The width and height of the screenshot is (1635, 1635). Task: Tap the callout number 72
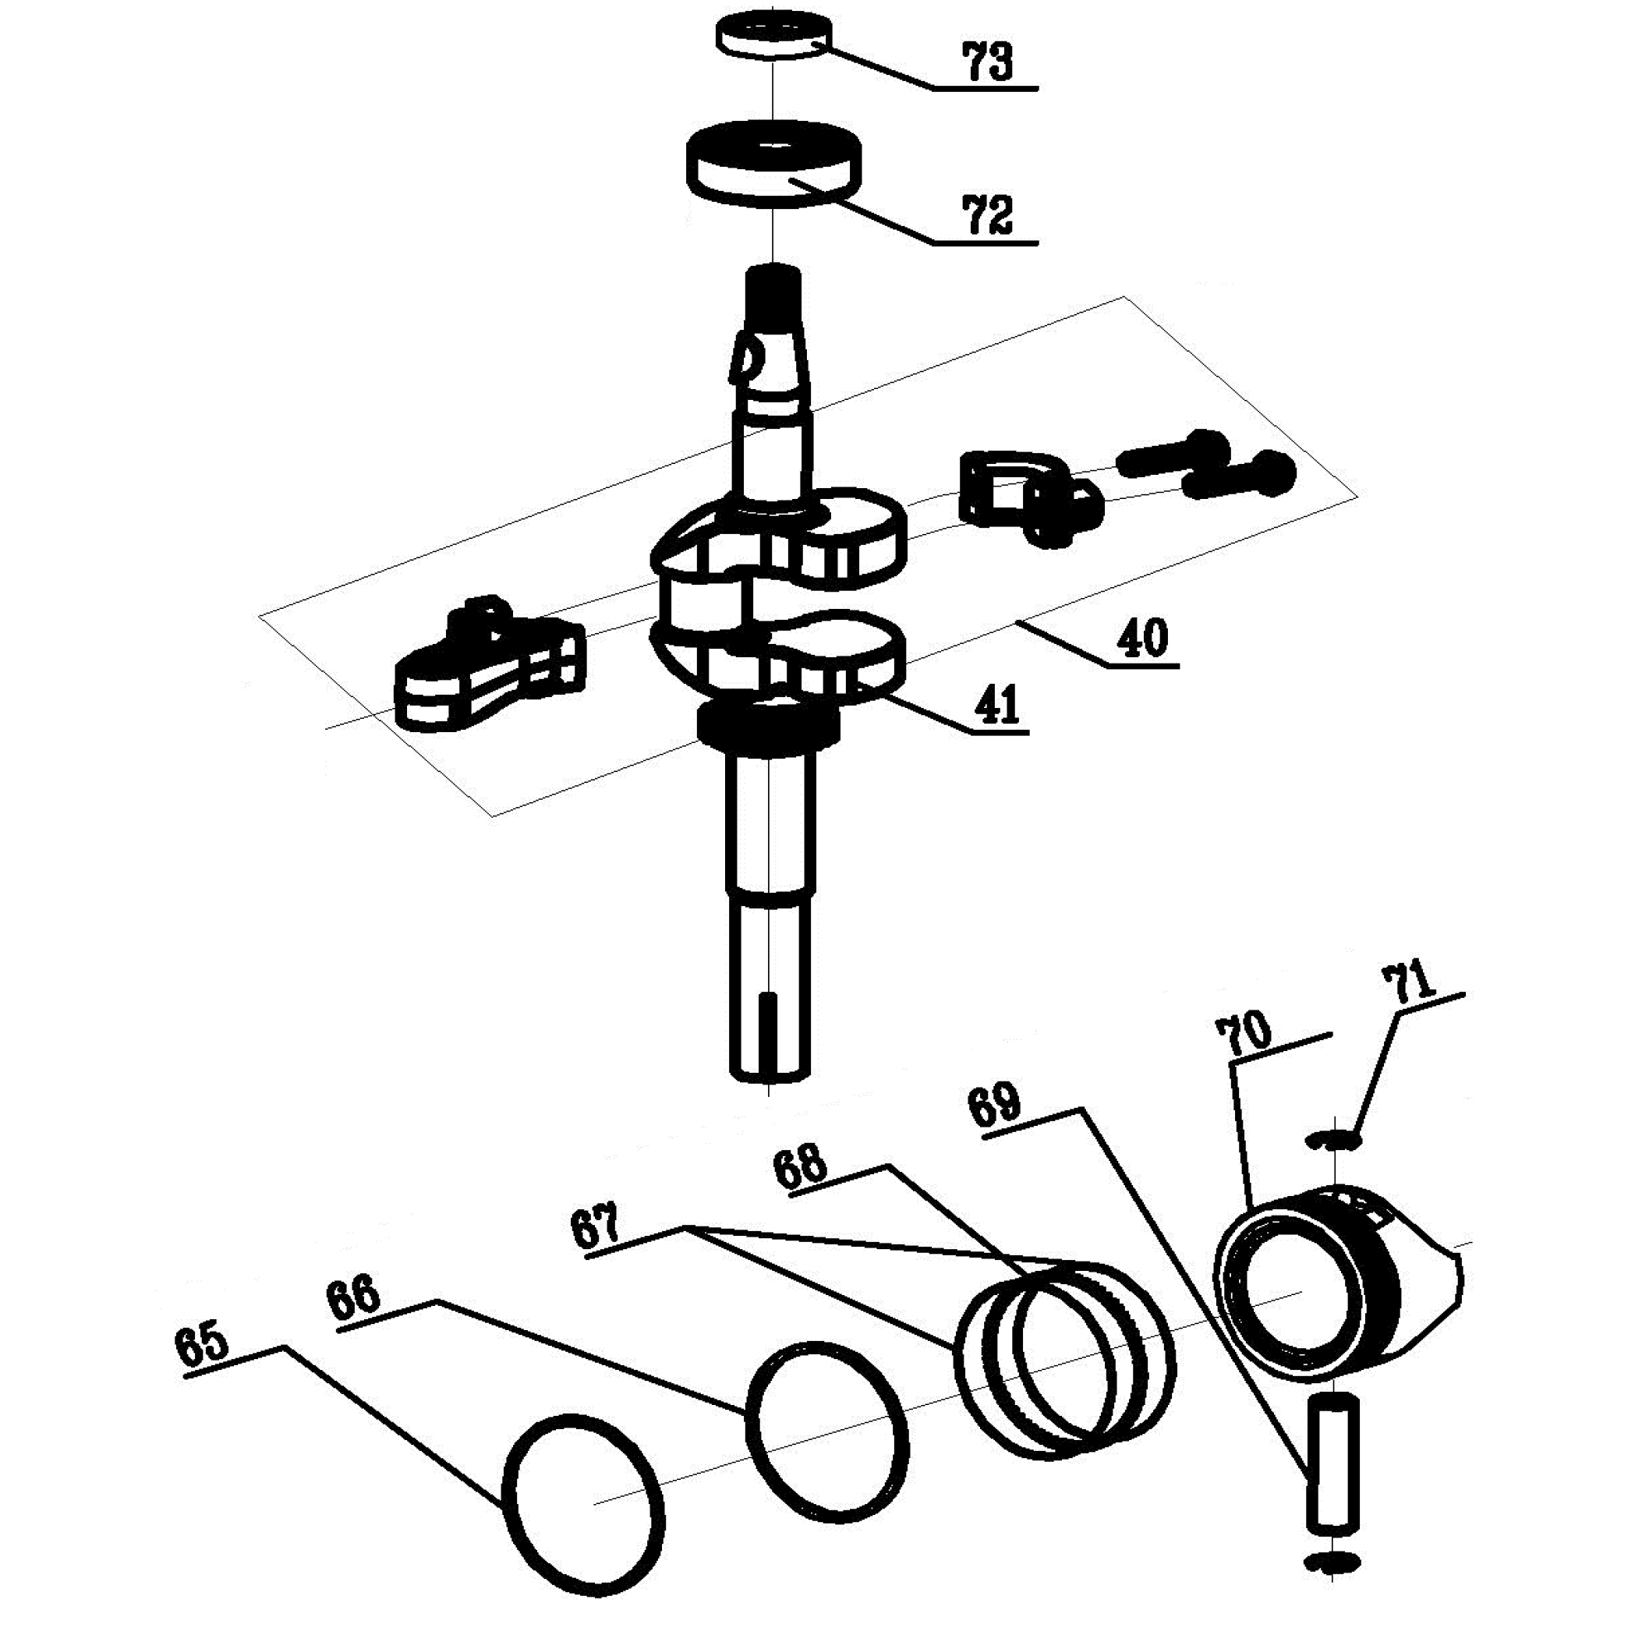click(x=989, y=216)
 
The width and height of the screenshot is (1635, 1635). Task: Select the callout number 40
click(x=1143, y=638)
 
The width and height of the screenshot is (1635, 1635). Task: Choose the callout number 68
click(x=799, y=1170)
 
